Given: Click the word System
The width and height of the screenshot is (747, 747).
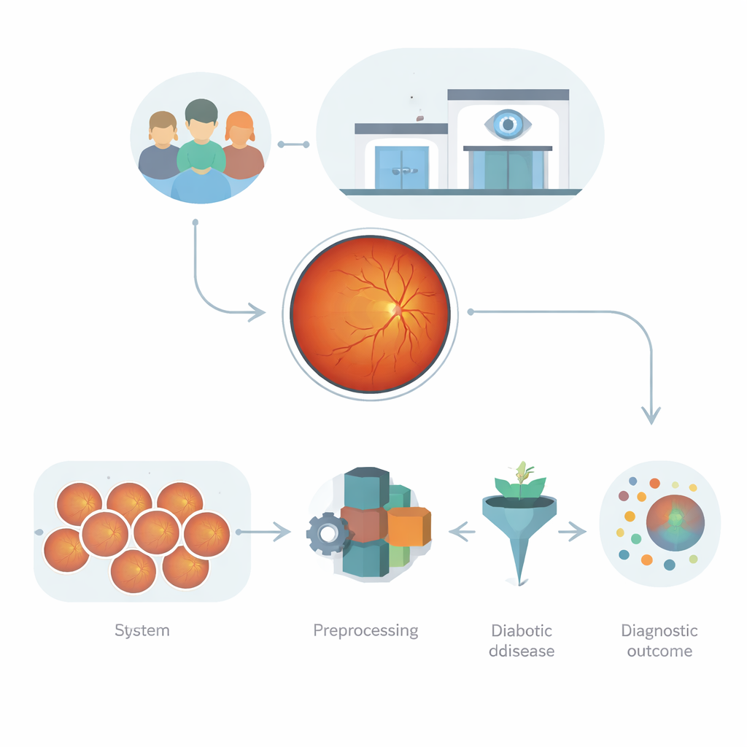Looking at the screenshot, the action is [x=142, y=631].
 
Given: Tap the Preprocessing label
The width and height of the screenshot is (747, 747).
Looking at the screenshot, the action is [x=366, y=631].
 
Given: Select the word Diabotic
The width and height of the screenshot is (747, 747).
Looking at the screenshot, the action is [x=522, y=630].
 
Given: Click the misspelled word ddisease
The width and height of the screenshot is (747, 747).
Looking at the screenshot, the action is [x=522, y=651].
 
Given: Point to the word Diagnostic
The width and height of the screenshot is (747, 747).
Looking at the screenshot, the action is [x=659, y=631].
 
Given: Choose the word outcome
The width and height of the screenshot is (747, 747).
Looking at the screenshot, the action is [x=659, y=651].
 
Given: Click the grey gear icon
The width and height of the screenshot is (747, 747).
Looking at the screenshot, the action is [x=327, y=533].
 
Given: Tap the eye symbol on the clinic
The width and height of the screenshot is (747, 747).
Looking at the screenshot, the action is [x=508, y=124].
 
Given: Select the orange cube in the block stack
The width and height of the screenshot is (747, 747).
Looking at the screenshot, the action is [x=409, y=526].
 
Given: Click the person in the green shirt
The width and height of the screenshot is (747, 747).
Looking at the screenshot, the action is [x=201, y=138].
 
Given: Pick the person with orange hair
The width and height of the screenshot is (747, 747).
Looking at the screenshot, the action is [x=242, y=145].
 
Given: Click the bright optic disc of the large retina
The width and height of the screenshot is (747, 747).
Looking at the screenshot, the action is [x=395, y=309].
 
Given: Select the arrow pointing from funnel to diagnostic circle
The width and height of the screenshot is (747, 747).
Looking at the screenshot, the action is [x=572, y=532].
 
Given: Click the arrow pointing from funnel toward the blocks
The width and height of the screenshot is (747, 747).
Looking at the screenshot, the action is [x=462, y=532].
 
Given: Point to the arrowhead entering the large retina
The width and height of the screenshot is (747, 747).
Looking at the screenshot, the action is [x=258, y=312].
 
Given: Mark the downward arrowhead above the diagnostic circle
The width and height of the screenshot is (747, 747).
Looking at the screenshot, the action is [x=651, y=415].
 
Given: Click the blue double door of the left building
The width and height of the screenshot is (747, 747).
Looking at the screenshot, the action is [x=402, y=168].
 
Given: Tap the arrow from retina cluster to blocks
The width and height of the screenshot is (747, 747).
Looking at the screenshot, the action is [x=263, y=532].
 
